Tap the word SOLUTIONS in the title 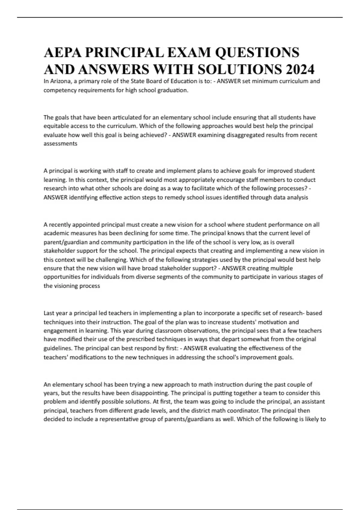point(235,70)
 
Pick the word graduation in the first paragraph point(173,90)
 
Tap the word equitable point(56,126)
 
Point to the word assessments point(60,144)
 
